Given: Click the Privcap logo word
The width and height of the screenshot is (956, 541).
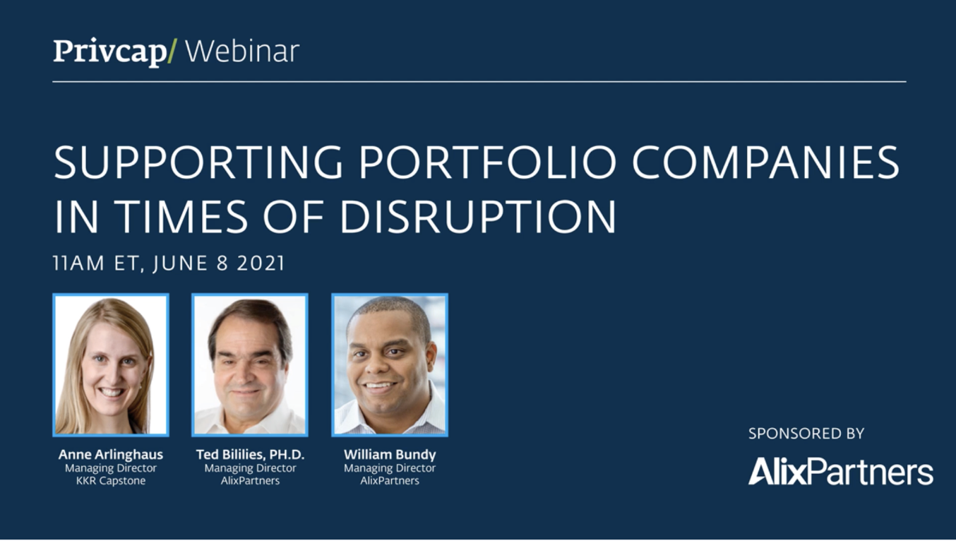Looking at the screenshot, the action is click(110, 52).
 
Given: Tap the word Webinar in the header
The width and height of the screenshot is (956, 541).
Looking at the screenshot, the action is click(242, 52).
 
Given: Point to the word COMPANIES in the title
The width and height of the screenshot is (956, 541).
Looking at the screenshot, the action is click(766, 162).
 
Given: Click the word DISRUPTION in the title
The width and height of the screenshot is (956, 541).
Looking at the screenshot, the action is click(478, 216).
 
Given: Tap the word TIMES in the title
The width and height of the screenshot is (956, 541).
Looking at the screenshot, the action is click(181, 216).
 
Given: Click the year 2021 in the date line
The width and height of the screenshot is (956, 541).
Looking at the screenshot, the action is click(261, 263).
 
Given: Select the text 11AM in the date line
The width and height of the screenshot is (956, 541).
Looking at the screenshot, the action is click(78, 263).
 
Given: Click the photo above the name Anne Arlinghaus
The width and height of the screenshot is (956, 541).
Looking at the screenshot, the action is click(111, 365).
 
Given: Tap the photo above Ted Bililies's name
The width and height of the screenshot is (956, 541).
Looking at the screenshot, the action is click(250, 365).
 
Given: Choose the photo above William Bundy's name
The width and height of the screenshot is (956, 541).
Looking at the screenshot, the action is click(390, 365).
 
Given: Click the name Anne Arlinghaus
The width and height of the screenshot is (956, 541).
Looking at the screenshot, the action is click(111, 455).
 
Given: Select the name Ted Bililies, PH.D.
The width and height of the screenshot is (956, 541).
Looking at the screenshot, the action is click(250, 455).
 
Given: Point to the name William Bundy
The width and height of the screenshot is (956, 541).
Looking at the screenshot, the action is click(390, 455).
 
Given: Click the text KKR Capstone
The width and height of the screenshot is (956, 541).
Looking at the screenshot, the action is click(111, 481).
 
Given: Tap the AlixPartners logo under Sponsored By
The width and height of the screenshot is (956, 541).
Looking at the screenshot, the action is click(841, 471).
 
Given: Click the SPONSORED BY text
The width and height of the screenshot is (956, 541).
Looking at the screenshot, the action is click(806, 434).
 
